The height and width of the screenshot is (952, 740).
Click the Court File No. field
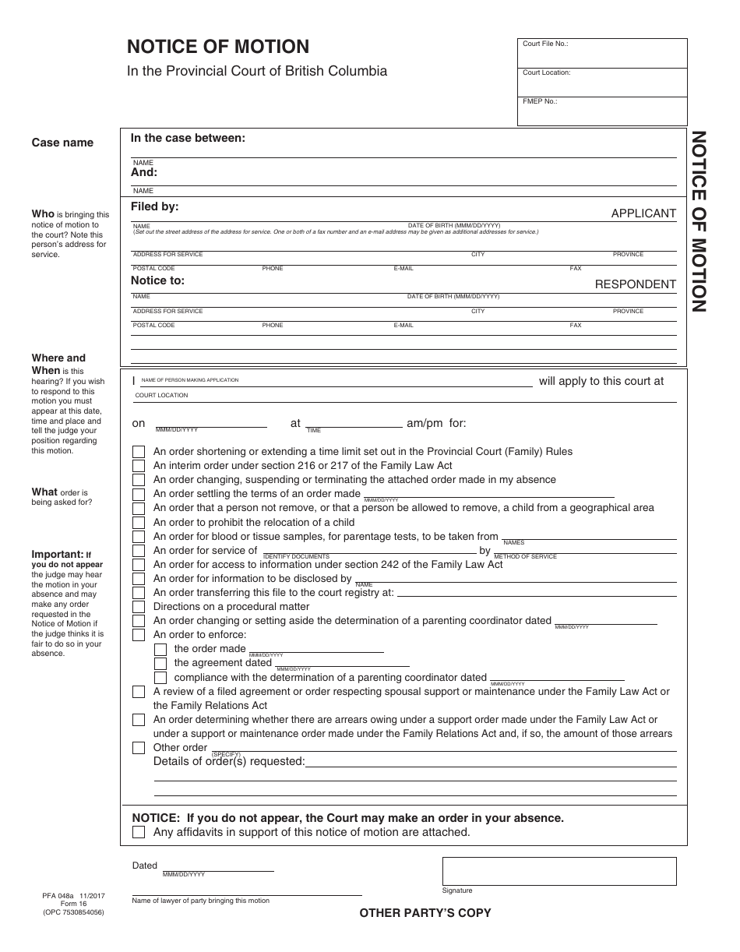pos(602,54)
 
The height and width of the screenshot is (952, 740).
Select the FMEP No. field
pos(602,111)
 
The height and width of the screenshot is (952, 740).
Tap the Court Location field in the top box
pos(602,83)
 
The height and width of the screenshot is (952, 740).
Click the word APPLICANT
pos(643,213)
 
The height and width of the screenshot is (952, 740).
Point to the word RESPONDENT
pos(636,284)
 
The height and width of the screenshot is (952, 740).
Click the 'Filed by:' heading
pos(154,206)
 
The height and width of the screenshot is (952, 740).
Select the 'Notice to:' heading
pos(157,280)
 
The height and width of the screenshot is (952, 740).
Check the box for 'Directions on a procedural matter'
pos(139,607)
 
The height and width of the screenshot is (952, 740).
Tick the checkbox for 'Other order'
pos(139,748)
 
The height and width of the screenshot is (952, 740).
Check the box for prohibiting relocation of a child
pos(139,522)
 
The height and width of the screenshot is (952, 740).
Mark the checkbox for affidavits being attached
pos(139,832)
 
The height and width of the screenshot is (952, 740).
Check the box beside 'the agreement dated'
pos(160,663)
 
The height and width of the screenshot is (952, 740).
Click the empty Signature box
pos(559,870)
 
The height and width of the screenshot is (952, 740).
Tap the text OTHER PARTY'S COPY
pos(425,913)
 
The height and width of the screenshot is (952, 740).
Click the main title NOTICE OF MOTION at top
pos(218,47)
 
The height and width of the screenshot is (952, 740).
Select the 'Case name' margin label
pos(62,143)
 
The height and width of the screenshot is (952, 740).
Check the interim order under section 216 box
pos(139,466)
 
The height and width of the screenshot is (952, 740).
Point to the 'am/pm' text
pos(425,423)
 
